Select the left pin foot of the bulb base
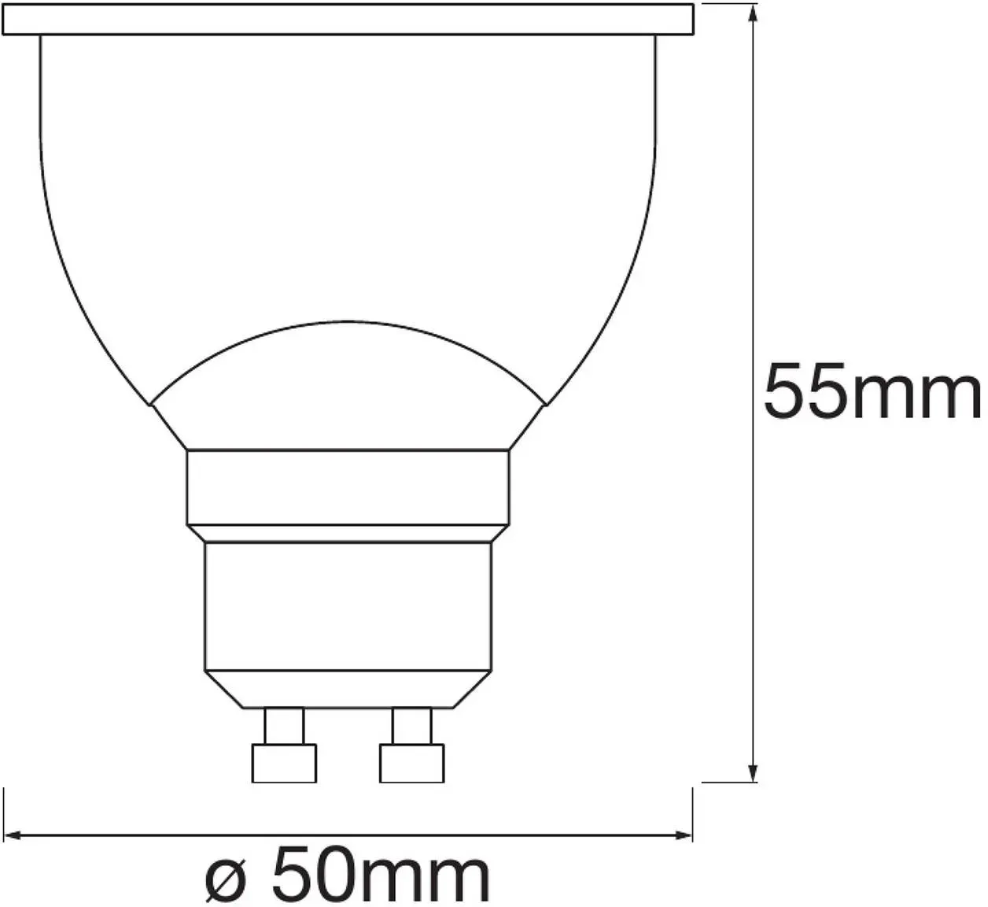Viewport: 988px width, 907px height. (284, 763)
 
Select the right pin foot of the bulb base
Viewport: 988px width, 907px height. (411, 763)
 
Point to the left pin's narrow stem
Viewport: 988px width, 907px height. (284, 725)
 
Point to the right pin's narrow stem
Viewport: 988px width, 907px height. (411, 725)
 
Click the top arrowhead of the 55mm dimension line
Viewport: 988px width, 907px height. (753, 14)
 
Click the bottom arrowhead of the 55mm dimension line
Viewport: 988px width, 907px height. (753, 772)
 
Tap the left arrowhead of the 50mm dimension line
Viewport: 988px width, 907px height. (13, 835)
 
